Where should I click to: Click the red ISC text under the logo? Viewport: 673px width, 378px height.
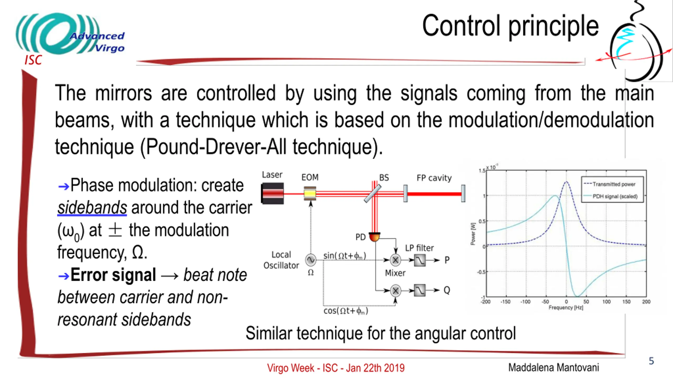click(33, 60)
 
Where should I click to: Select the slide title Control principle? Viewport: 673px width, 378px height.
click(510, 26)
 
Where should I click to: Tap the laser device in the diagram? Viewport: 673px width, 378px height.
click(273, 193)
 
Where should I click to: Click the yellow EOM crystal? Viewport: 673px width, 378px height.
click(310, 194)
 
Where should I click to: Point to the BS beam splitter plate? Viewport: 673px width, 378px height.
click(373, 193)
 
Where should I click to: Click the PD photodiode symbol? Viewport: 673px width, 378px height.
click(374, 237)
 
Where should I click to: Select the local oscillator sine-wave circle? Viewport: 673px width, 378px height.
click(310, 260)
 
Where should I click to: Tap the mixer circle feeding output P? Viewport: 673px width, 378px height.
click(395, 260)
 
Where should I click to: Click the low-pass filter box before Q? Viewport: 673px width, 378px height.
click(420, 290)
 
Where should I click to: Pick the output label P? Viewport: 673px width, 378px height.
click(447, 260)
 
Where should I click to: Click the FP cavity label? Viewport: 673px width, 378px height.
click(434, 178)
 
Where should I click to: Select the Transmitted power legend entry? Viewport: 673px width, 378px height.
click(614, 184)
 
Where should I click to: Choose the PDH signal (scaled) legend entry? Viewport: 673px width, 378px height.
click(615, 196)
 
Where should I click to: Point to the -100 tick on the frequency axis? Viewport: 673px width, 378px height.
click(525, 302)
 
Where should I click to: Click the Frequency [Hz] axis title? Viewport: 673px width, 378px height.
click(566, 307)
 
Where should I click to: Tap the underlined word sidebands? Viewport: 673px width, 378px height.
click(92, 208)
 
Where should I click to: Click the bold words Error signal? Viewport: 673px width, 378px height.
click(113, 275)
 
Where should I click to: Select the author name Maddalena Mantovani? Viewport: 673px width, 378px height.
click(554, 367)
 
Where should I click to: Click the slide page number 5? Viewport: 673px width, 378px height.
click(651, 361)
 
